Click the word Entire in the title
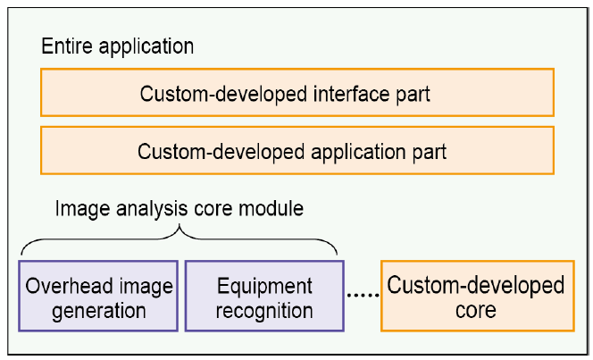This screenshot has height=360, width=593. click(67, 46)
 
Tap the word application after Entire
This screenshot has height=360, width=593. click(146, 47)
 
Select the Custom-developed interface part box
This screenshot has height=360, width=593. click(297, 92)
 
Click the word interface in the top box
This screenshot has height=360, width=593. click(351, 94)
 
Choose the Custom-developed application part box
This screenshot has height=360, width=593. click(297, 150)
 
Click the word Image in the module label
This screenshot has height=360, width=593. click(82, 209)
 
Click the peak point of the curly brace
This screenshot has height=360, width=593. click(180, 225)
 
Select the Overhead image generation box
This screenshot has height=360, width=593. click(98, 296)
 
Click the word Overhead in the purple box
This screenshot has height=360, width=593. click(69, 286)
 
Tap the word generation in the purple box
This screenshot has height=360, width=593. click(99, 312)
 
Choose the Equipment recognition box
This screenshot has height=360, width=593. click(264, 296)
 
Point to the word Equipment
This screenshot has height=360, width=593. click(264, 287)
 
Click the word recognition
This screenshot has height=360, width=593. click(264, 312)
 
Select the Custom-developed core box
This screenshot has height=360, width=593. click(478, 296)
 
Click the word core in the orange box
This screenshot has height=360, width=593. click(476, 311)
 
